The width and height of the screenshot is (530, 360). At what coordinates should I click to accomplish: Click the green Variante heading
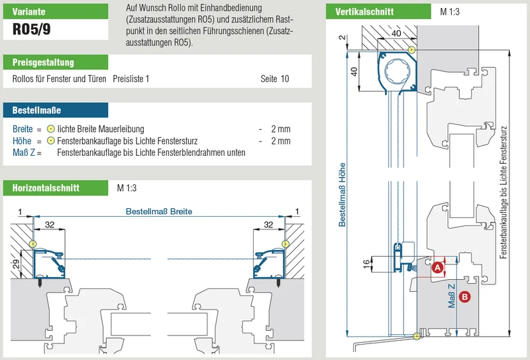(28, 11)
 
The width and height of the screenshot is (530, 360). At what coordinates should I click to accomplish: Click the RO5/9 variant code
(31, 29)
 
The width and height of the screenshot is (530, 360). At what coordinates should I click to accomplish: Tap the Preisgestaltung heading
(43, 62)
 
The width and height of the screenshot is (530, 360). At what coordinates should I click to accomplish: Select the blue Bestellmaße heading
(36, 110)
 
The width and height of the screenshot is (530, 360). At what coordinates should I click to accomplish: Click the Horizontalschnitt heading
(46, 188)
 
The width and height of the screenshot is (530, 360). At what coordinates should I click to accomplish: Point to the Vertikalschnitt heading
(364, 12)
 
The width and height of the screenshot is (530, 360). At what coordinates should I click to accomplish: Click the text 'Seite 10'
(274, 79)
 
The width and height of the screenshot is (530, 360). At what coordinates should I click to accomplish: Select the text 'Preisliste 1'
(131, 79)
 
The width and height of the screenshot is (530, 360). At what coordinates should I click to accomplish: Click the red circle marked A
(438, 268)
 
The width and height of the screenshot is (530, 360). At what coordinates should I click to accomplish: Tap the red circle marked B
(465, 297)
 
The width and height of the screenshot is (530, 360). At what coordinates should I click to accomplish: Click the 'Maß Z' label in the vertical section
(452, 296)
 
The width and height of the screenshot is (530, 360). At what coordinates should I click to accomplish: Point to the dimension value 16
(366, 264)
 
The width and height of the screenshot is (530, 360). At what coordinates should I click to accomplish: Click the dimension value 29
(16, 265)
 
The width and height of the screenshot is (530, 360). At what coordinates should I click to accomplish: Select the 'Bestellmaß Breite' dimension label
(159, 211)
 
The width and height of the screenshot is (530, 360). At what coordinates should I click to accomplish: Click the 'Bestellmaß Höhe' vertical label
(342, 194)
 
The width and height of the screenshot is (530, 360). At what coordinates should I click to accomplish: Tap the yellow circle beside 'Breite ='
(51, 129)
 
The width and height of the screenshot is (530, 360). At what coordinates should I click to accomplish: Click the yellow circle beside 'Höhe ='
(51, 141)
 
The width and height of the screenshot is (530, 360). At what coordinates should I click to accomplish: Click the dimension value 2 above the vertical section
(343, 37)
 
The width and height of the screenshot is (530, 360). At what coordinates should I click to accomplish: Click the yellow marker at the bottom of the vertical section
(417, 336)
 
